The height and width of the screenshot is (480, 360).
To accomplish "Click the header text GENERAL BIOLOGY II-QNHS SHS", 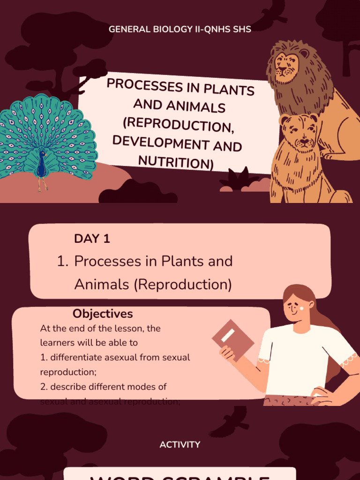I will tap(180, 29).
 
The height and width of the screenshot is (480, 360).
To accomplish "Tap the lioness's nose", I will tap(304, 140).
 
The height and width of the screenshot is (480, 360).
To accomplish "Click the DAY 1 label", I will tap(92, 239).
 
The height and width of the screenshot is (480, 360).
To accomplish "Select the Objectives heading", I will tap(103, 314).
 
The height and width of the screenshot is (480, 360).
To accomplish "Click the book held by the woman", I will tap(232, 340).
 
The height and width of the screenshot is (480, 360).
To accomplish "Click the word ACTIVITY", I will tap(180, 444).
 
